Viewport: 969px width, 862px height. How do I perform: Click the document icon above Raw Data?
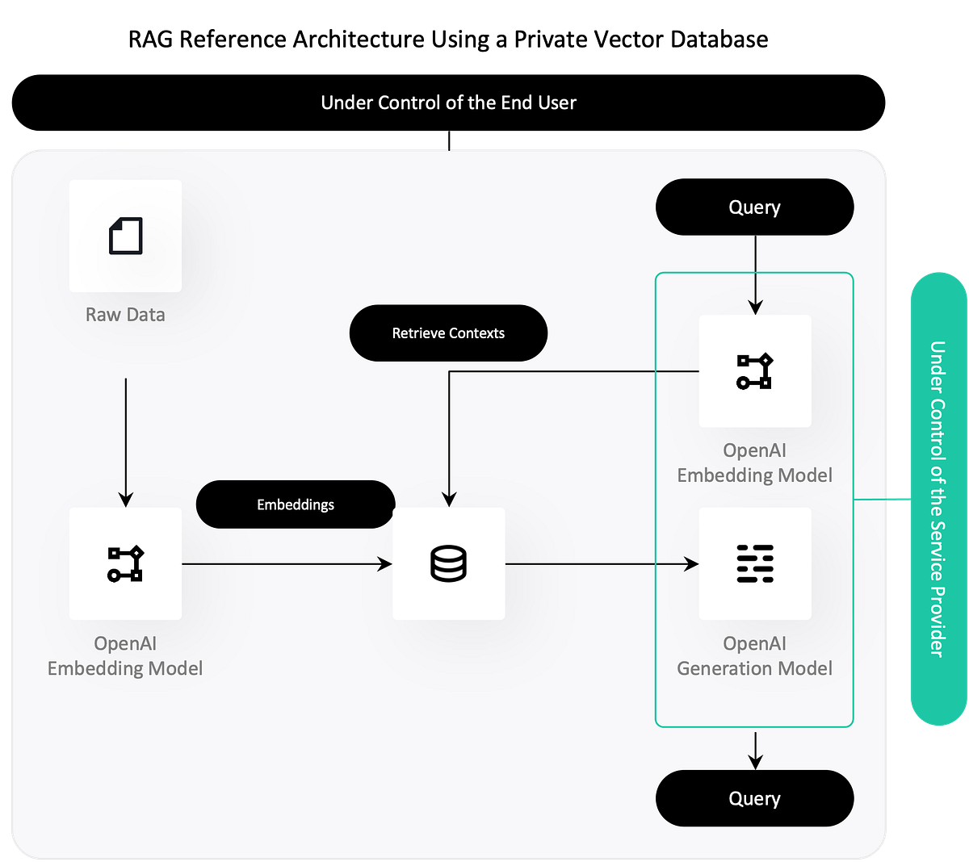tap(125, 236)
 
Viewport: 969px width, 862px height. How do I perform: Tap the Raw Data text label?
tap(125, 315)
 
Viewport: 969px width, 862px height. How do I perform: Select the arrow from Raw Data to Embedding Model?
tap(125, 440)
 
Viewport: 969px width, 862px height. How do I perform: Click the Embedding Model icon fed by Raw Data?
tap(125, 563)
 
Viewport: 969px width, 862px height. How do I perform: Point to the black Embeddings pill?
tap(296, 504)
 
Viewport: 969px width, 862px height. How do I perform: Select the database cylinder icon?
tap(448, 563)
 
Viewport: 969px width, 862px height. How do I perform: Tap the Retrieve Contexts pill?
tap(448, 333)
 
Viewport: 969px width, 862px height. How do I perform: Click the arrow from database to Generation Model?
tap(602, 564)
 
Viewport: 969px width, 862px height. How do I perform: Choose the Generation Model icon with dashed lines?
tap(755, 563)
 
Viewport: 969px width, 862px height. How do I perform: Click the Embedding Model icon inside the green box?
tap(755, 371)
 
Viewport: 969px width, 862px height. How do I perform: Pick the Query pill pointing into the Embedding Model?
tap(754, 207)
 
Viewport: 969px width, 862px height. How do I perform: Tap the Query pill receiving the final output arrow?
tap(754, 798)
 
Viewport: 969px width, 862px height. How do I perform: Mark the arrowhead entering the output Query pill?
tap(755, 762)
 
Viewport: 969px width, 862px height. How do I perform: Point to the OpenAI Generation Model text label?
tap(754, 655)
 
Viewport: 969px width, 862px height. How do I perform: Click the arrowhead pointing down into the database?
tap(449, 500)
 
